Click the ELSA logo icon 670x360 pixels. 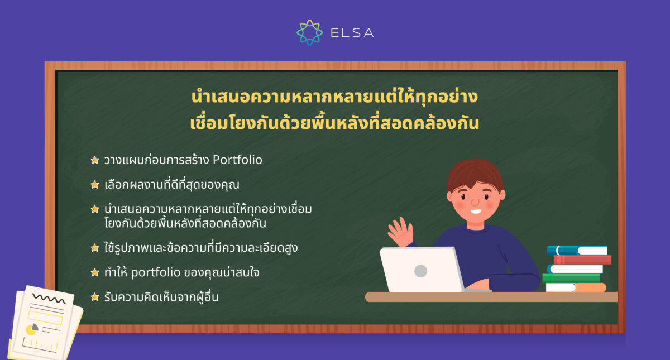coord(309,32)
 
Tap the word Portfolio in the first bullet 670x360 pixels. coord(238,160)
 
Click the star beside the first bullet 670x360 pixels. coord(95,160)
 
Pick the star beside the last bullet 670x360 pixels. coord(95,297)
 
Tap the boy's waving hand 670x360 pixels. coord(400,232)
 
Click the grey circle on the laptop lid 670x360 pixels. coord(420,271)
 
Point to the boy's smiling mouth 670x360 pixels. coord(476,211)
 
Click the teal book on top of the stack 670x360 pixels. coord(577,251)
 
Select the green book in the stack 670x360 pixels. coord(571,278)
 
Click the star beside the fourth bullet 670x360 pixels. coord(95,248)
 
